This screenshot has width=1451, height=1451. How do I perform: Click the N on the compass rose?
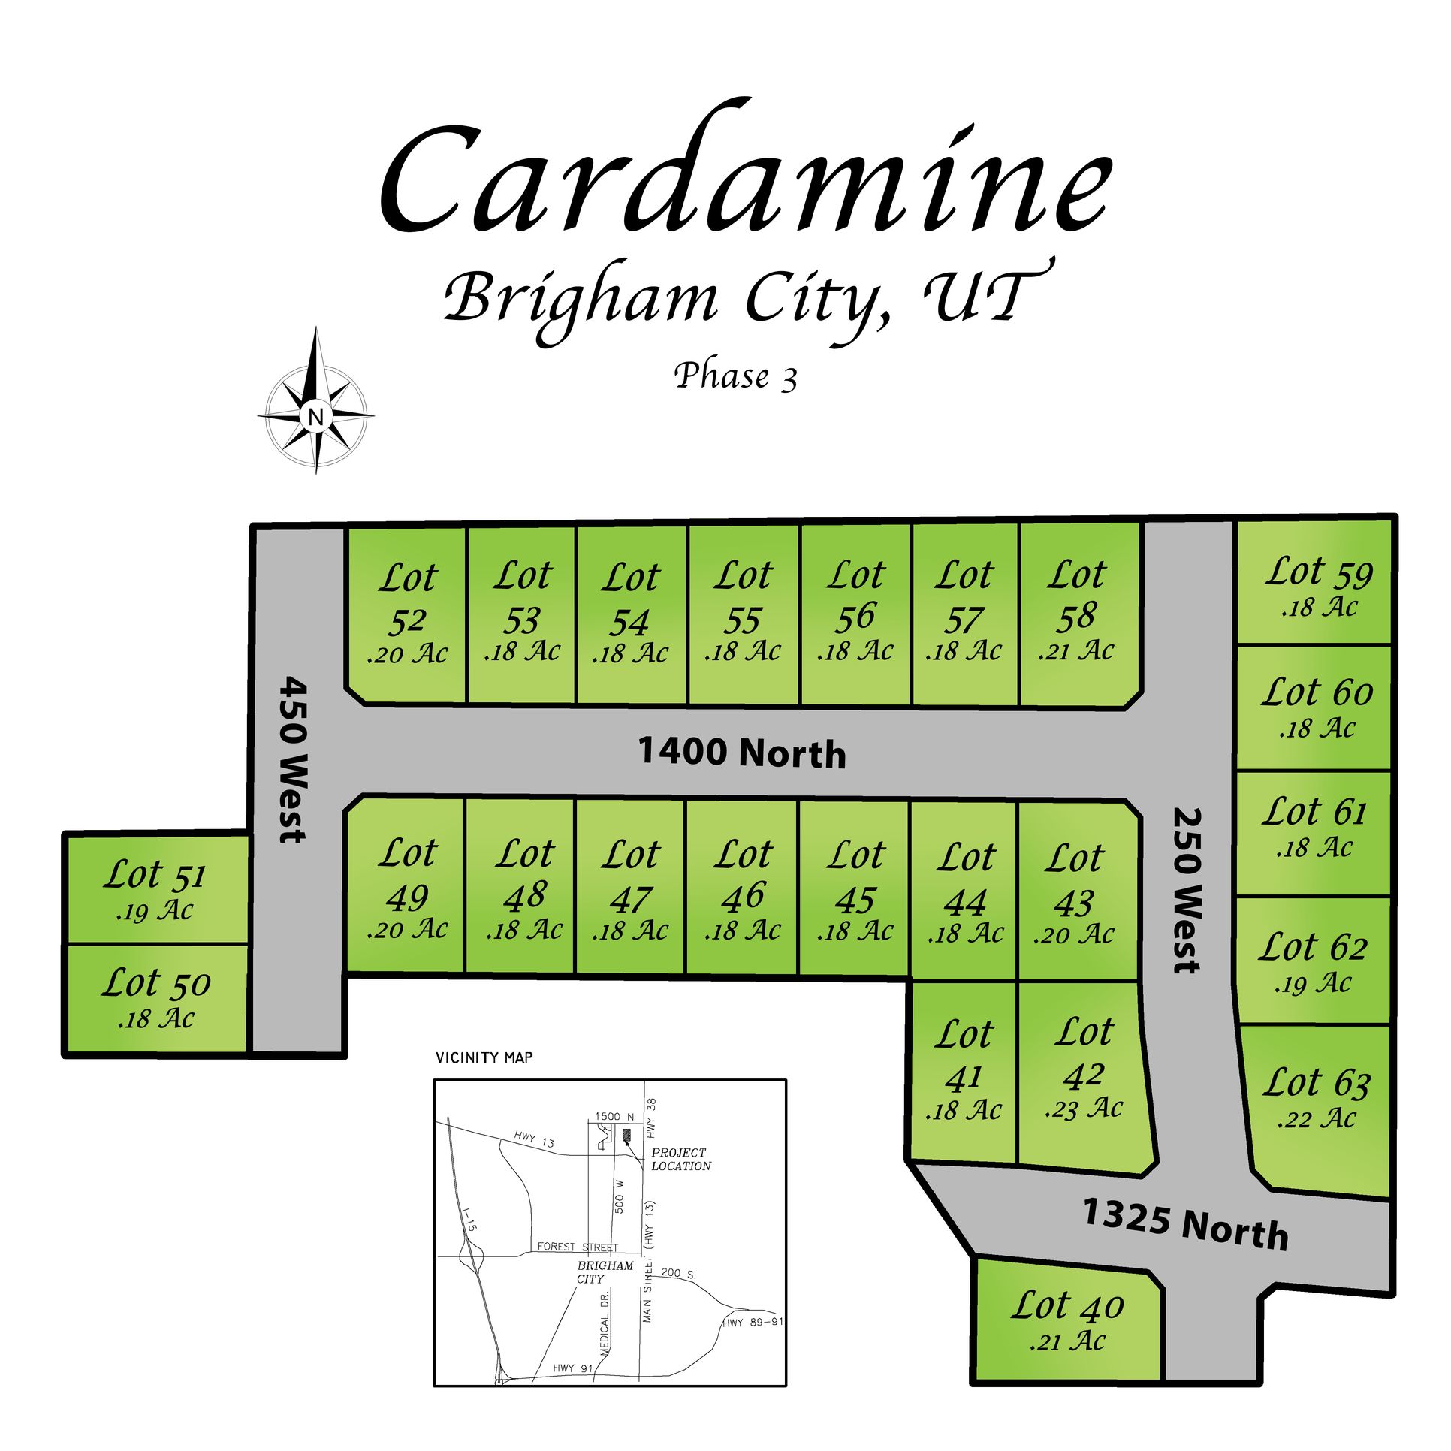coord(315,416)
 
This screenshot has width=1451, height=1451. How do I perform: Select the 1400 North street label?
coord(742,753)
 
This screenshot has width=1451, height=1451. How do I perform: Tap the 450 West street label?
coord(294,759)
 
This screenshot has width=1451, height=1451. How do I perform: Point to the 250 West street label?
coord(1187,891)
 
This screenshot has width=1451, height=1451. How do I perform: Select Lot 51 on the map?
coord(155,888)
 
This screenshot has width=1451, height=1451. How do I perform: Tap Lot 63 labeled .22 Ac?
coord(1317,1097)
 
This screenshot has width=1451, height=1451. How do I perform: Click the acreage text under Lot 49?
coord(407,930)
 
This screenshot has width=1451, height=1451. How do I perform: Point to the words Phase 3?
coord(735,376)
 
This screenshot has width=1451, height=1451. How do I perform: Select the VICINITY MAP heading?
coord(484,1058)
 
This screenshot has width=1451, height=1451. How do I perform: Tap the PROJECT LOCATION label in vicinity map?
coord(680,1160)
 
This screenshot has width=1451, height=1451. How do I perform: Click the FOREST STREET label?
coord(578,1247)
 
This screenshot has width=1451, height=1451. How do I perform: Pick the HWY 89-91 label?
coord(753,1322)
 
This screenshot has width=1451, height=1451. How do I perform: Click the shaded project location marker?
coord(627,1134)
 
